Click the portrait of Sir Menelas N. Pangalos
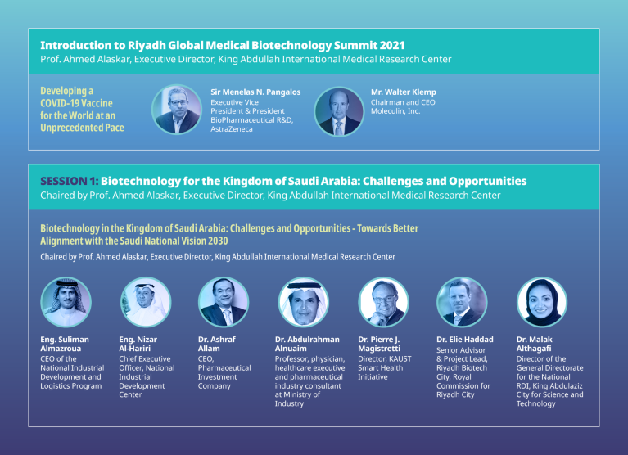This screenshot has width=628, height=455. point(178,110)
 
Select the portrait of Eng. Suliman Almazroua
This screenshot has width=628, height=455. point(65,302)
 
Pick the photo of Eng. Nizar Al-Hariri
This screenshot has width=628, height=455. point(144,302)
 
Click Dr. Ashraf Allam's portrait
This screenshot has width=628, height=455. point(224,302)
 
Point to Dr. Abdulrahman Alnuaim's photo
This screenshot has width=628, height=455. point(303,302)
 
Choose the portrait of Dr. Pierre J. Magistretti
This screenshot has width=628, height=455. point(382,302)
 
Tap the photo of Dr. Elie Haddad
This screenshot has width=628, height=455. point(462,302)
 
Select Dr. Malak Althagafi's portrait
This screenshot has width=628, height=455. point(541,302)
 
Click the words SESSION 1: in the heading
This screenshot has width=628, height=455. point(70,181)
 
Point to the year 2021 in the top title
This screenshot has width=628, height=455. point(389,45)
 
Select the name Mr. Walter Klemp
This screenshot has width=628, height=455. point(403,92)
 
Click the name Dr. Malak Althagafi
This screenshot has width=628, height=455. point(537,342)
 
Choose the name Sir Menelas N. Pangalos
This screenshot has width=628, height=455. point(255,92)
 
